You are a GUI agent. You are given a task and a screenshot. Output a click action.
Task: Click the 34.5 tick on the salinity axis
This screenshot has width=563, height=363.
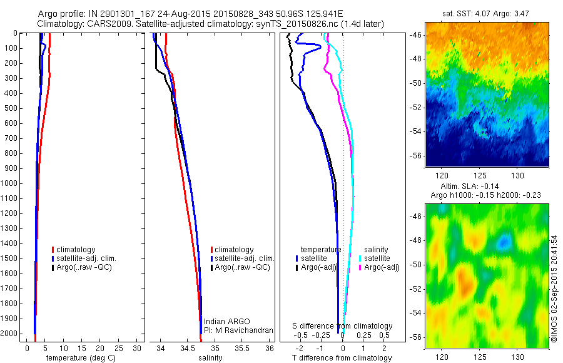pyautogui.click(x=188, y=348)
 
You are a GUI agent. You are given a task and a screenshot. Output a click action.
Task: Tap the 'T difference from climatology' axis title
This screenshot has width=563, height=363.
pyautogui.click(x=342, y=358)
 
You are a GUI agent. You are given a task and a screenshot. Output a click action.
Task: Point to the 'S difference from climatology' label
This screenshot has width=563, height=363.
pyautogui.click(x=343, y=326)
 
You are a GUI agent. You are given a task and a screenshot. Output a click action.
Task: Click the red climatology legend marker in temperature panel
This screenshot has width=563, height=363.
pyautogui.click(x=54, y=250)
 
